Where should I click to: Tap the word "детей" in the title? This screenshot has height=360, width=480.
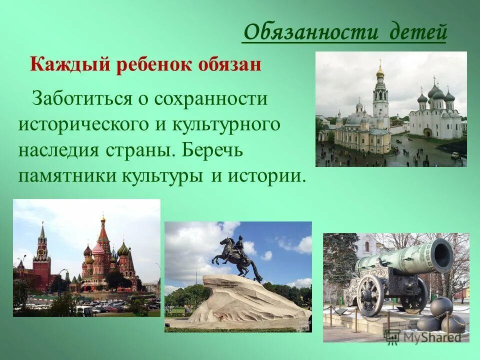point(418,32)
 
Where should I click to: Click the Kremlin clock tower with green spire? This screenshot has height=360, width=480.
point(42,255)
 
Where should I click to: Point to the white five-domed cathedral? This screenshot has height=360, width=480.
point(435,115)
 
